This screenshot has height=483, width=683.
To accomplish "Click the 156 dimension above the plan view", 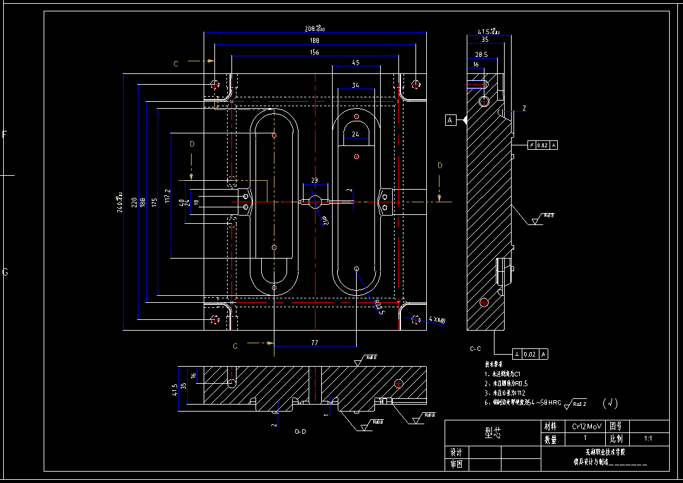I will pos(314,52).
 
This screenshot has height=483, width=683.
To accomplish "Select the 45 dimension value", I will pos(355,63).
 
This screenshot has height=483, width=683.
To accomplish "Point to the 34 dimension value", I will pos(355,85).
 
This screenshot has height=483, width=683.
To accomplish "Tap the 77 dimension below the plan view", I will pos(314,342).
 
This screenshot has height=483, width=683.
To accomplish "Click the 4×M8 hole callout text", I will pos(437,321).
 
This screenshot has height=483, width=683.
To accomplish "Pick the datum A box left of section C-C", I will pos(450,119).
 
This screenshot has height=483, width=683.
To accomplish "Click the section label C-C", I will pos(476,348).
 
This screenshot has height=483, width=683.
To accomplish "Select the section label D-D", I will pos(300,431).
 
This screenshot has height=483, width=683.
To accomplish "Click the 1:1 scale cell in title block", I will pos(648,438).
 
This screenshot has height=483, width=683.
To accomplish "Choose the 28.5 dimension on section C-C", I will pos(481,55).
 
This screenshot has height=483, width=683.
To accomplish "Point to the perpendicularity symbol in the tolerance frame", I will pos(517,355).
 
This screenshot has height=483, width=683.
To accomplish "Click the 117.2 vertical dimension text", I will pos(168,196).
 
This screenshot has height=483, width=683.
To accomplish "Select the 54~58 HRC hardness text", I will pos(546,402).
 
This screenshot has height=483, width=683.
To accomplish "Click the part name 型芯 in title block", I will pos(492,432).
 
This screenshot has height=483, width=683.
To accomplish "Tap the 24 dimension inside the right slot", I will pos(355,134).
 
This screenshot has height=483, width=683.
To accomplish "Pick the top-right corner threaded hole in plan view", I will pos(415,83).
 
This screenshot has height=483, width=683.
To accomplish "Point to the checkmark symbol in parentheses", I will pos(610,403).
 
